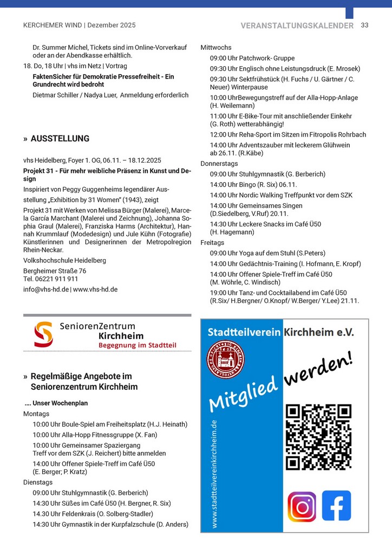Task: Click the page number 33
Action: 364,25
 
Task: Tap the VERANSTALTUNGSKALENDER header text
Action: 297,25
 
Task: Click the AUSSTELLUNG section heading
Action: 60,139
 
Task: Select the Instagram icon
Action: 302,506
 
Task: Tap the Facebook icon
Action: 336,506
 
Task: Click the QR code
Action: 319,437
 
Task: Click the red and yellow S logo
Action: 43,335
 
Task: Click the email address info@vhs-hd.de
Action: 46,289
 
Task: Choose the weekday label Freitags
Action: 212,242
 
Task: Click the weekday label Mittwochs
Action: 216,48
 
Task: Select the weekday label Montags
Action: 36,414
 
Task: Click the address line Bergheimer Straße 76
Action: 55,271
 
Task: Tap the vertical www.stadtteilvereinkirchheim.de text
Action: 214,474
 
